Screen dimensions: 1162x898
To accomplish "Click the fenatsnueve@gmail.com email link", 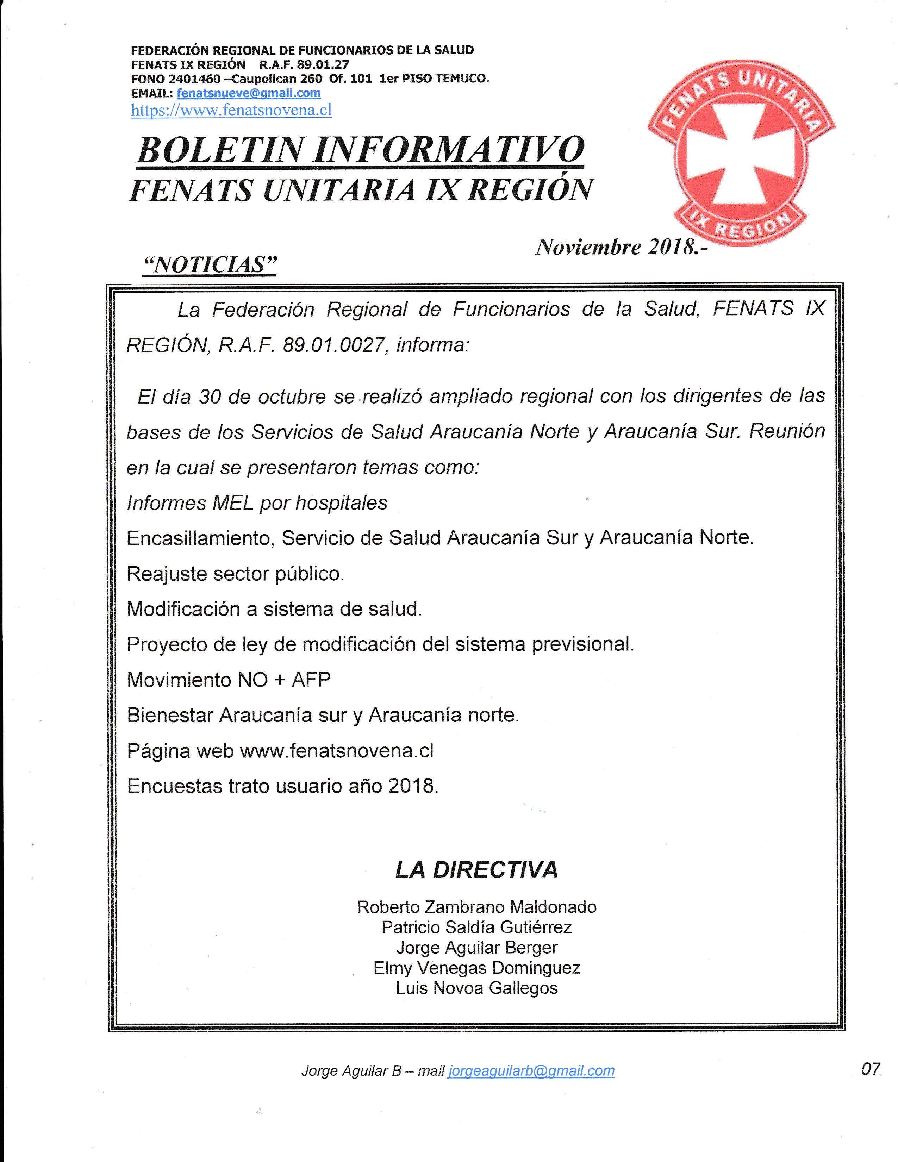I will coord(248,93).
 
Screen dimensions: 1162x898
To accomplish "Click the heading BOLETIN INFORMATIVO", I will coord(361,150).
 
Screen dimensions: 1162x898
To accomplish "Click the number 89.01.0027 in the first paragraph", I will coord(333,345).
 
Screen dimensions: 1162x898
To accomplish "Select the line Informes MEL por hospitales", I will coord(257,503).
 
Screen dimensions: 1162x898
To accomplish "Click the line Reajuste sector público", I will coord(235,574).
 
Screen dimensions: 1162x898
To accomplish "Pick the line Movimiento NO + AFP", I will coord(229,680).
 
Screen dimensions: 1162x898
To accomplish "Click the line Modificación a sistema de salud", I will coord(274,609).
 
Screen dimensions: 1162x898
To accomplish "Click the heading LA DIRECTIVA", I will coord(476,870).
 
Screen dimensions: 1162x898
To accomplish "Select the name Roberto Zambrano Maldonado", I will coord(477,907).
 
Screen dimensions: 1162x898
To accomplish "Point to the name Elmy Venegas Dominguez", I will coord(477,967).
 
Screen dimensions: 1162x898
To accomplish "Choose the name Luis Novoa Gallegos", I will coord(477,988).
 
